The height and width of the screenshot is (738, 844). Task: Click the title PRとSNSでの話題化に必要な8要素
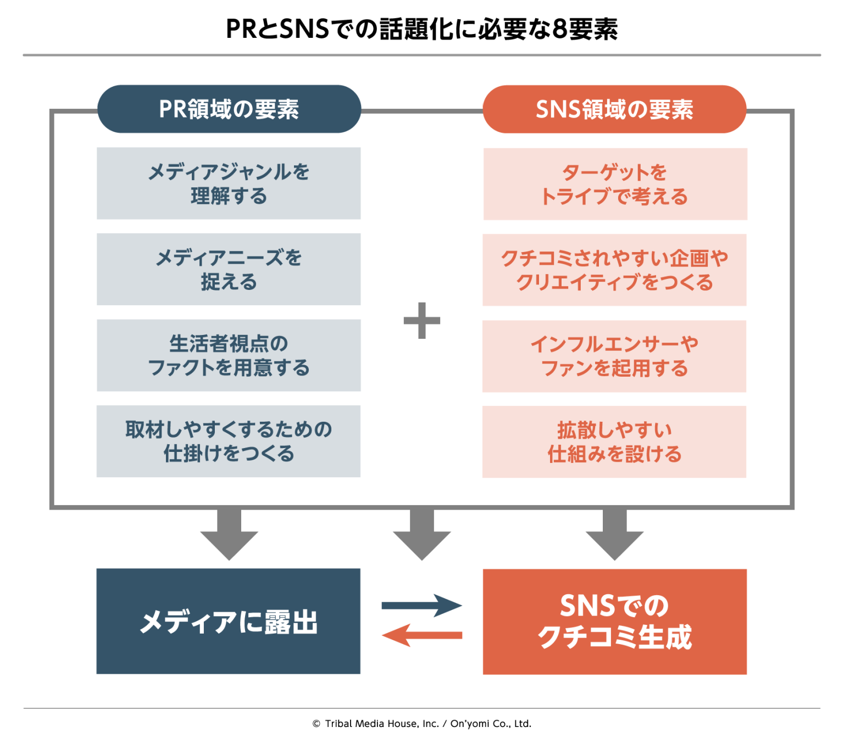click(421, 29)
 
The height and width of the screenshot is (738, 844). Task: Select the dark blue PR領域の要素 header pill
click(229, 109)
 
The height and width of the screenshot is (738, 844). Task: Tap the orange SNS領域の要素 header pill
click(614, 110)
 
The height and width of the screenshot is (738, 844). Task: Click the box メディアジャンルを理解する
click(229, 183)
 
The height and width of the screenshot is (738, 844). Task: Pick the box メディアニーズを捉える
click(229, 269)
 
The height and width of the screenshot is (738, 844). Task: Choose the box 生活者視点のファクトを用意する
click(229, 355)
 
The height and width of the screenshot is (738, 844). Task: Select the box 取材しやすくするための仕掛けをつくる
click(229, 441)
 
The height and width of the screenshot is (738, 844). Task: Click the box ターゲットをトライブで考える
click(615, 184)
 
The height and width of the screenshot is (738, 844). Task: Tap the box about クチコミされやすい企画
click(614, 270)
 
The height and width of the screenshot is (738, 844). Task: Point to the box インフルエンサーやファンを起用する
click(614, 356)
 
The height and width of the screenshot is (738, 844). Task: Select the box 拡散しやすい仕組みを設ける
click(614, 442)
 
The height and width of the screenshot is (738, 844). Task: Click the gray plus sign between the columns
click(422, 320)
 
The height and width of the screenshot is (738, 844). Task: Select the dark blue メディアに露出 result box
click(229, 621)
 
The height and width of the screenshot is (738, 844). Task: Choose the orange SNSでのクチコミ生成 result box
click(614, 622)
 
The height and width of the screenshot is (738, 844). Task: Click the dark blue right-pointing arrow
click(422, 606)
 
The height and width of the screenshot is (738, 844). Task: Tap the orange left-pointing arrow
click(422, 635)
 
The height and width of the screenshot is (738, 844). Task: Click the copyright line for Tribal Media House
click(421, 723)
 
